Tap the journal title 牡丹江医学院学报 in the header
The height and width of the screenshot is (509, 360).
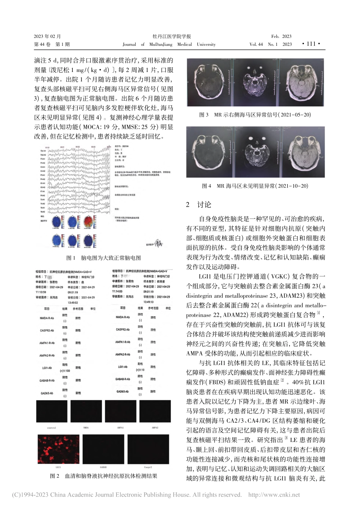tap(171, 36)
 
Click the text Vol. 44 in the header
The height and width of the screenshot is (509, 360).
tap(256, 44)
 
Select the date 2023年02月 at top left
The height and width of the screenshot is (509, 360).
tap(48, 36)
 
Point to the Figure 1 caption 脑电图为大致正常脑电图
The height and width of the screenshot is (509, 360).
tap(103, 258)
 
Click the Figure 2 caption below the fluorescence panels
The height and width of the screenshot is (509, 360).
tap(103, 476)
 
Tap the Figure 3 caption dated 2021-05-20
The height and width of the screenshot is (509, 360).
tap(255, 114)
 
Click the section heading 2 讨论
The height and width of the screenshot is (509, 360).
tap(199, 205)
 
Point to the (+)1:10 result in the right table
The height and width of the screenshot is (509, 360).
tap(140, 370)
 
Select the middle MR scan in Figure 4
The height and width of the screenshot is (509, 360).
tap(255, 152)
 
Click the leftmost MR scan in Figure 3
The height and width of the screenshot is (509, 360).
tap(208, 82)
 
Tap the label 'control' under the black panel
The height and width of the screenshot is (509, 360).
tap(52, 428)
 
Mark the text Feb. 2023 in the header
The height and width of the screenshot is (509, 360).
tap(281, 36)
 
